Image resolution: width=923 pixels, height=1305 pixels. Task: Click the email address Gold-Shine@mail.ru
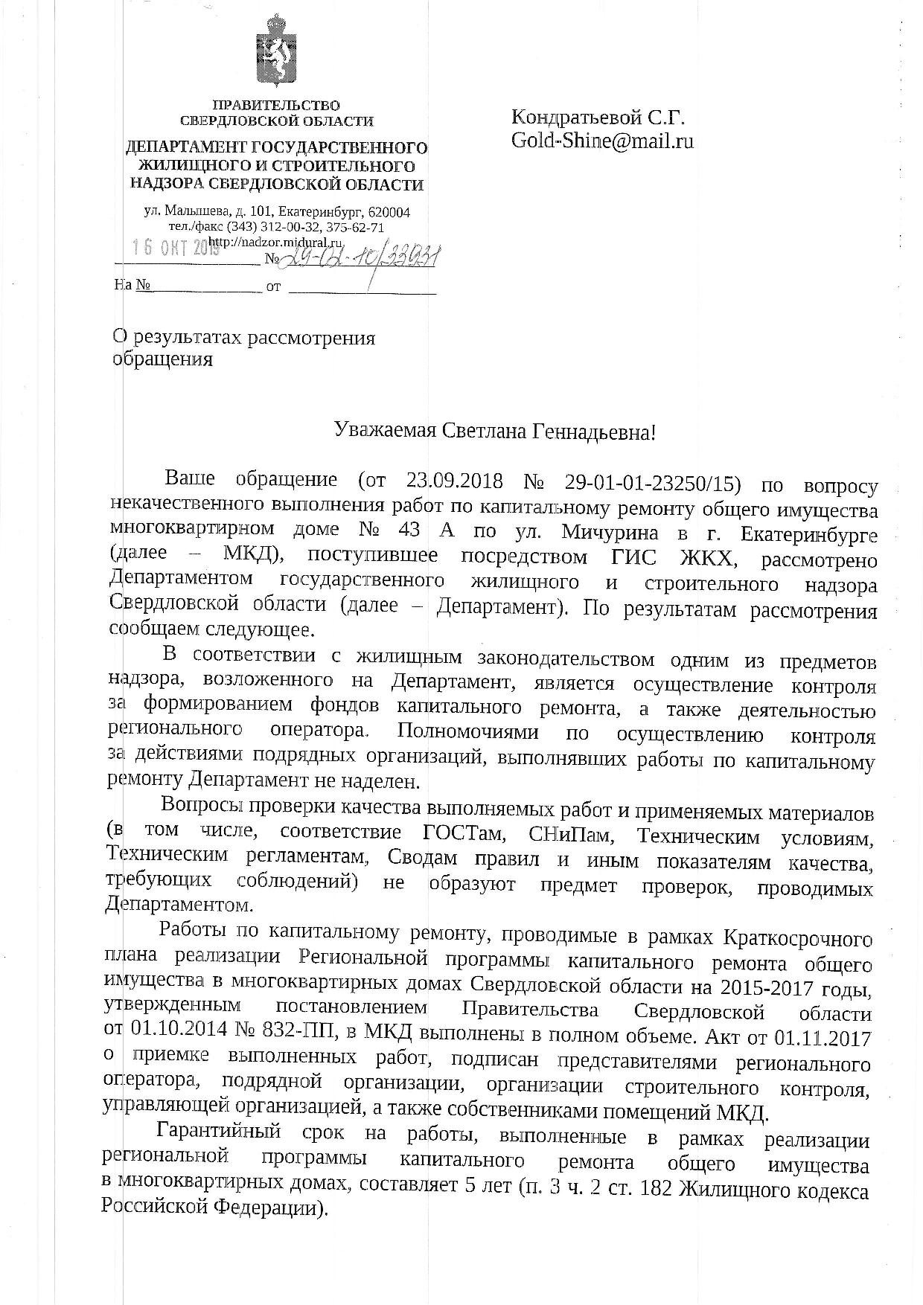[x=602, y=141]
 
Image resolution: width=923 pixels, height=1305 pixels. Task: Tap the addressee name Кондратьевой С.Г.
[x=598, y=117]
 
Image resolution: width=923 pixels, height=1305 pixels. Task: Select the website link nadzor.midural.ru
[x=275, y=243]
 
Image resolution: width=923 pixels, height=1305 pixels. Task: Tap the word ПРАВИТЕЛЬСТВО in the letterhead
[x=276, y=105]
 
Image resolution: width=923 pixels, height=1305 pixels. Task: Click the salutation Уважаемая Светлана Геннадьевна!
[x=495, y=431]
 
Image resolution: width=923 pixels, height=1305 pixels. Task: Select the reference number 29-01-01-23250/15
[x=653, y=483]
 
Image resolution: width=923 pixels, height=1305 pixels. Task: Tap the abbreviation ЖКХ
[x=687, y=559]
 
